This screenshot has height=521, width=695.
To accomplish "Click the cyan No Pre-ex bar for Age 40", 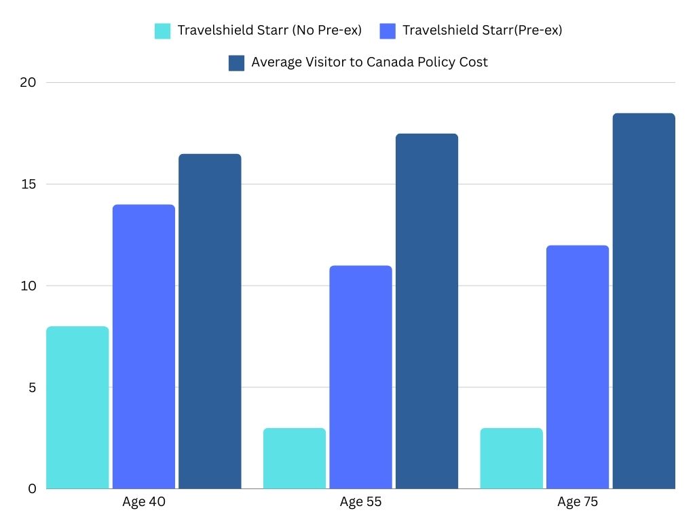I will point(77,407).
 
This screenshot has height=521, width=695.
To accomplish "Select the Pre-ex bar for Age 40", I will point(143,346).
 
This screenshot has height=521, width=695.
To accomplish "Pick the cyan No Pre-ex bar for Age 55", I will point(295,458).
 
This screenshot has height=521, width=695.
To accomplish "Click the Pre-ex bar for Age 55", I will point(360,377).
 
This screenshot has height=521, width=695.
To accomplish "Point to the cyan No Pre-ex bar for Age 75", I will point(512,458).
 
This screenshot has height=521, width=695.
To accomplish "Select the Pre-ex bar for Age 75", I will point(578,366).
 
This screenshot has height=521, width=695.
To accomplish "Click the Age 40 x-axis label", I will point(144,503).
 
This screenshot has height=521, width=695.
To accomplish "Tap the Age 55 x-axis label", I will point(361,503).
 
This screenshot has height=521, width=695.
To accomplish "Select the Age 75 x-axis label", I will point(578,503).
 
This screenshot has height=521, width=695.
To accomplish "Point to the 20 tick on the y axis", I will point(28,83).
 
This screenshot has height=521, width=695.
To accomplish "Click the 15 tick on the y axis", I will point(28,185).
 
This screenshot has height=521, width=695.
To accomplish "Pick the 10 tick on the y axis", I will point(28,286).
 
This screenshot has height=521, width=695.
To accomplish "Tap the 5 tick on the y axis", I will point(31,387).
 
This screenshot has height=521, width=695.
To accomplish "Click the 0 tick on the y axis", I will point(31,488).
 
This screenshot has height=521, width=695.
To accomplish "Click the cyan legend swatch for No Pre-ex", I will point(163,31).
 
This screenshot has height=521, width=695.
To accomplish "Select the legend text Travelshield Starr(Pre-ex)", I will point(482,31).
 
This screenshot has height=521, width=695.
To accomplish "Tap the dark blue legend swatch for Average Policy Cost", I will point(237,62).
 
